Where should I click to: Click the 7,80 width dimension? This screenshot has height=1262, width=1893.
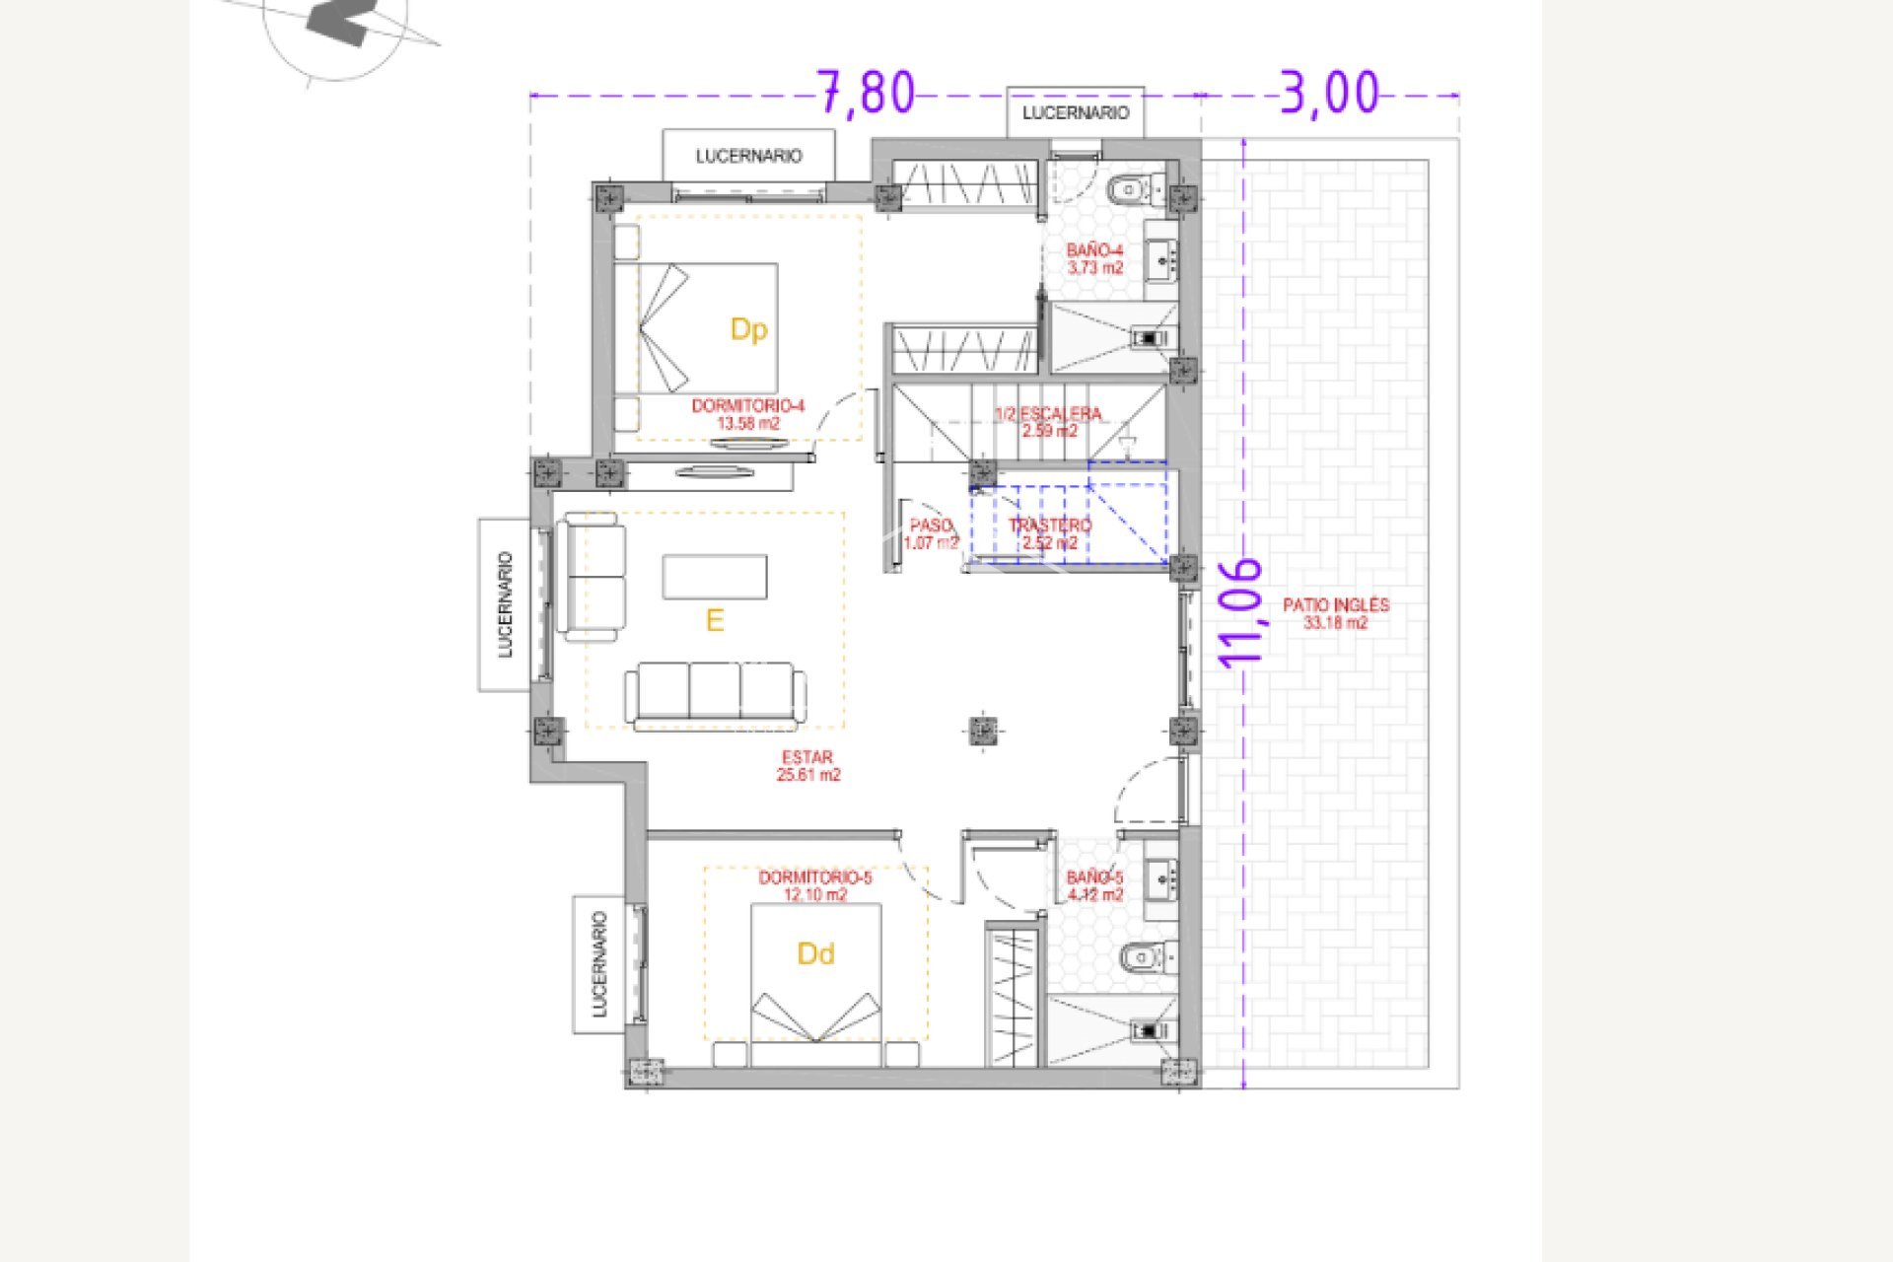click(x=867, y=94)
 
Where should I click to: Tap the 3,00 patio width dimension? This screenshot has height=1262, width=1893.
click(x=1329, y=94)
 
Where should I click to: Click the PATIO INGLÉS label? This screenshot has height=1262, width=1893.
click(x=1335, y=613)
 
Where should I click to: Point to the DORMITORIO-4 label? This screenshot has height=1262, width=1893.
click(x=747, y=414)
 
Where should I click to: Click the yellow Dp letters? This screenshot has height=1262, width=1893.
click(x=748, y=329)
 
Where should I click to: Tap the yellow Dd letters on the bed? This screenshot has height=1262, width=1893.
click(x=815, y=953)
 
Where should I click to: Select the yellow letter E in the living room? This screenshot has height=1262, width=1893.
click(x=715, y=620)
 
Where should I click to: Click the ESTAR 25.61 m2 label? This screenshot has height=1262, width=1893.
click(x=807, y=766)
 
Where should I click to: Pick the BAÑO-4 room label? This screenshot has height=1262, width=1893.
click(x=1094, y=259)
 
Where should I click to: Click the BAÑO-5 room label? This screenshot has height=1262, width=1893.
click(x=1094, y=886)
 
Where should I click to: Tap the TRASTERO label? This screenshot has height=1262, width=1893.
click(x=1050, y=533)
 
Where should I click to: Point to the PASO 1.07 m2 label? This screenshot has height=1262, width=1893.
click(x=931, y=533)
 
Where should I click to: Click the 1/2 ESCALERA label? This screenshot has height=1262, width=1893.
click(x=1048, y=422)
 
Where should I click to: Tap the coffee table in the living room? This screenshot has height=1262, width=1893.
click(x=715, y=577)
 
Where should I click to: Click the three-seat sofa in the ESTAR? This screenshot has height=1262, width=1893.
click(x=715, y=693)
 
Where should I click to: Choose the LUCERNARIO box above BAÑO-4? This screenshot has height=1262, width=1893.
click(x=1075, y=113)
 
